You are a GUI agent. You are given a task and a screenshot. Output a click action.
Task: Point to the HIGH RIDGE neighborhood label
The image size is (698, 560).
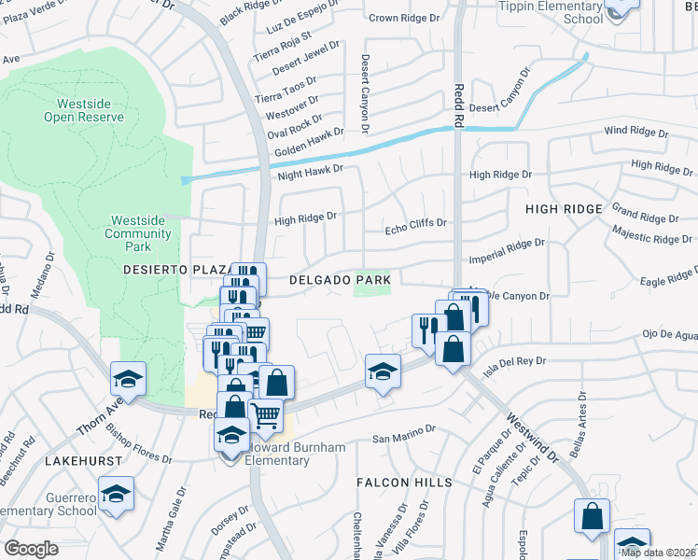click(564, 209)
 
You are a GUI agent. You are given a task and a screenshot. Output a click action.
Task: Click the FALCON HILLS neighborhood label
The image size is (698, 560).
click(404, 483)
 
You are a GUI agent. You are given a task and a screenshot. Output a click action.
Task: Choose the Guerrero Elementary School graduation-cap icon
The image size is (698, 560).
click(116, 492)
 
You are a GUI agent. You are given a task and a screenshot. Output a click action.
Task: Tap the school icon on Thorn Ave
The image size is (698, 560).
click(128, 378)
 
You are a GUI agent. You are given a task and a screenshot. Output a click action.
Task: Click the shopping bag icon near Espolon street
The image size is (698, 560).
click(592, 515)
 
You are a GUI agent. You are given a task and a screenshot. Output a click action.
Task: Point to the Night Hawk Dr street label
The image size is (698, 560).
click(311, 173)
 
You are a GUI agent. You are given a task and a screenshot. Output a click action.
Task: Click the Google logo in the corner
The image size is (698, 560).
click(31, 549)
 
